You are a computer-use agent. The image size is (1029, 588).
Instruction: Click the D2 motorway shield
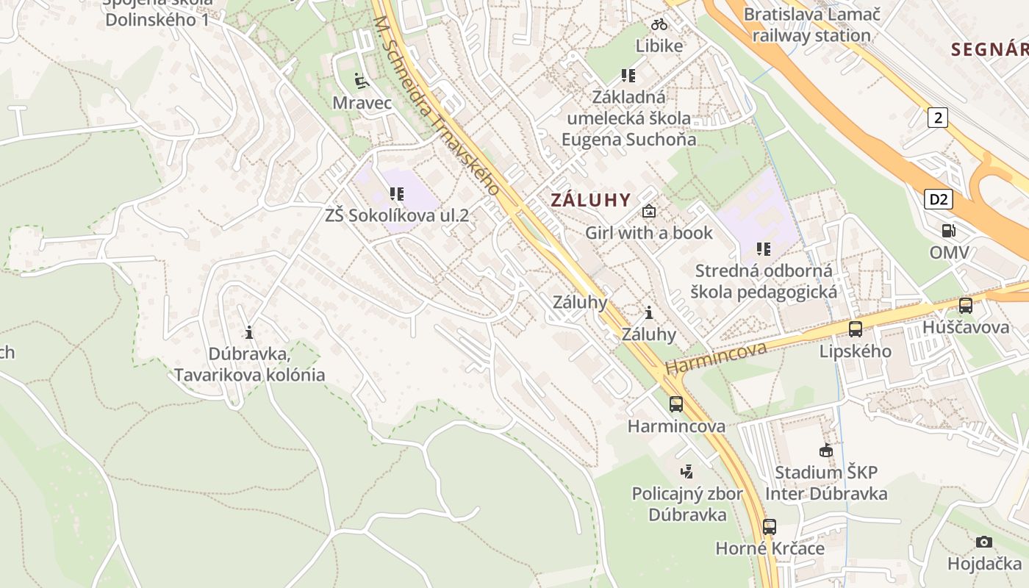point(938,199)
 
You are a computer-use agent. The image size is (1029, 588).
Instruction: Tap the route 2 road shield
point(937,117)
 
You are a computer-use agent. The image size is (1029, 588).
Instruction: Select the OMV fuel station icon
point(949,231)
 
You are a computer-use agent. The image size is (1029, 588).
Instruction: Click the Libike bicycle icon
point(659,24)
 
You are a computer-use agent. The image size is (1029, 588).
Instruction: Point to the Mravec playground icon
point(360,80)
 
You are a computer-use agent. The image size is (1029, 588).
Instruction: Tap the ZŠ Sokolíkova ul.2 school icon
point(397,194)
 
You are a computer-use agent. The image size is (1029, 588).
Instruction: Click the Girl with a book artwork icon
point(649,212)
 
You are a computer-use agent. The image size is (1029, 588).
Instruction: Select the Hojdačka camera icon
point(984,542)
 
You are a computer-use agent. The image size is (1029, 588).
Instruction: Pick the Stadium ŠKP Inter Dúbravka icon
point(826,451)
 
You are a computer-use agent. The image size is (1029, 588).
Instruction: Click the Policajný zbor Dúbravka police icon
point(687,471)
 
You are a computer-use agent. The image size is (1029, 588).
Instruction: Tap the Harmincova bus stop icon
point(675,404)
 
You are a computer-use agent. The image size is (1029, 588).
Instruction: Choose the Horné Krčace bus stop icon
point(770,527)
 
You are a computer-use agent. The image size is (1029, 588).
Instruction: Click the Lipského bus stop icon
point(856,329)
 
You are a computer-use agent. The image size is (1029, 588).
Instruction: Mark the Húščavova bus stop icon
point(966,306)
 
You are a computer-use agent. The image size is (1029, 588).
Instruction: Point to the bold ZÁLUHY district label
point(591,200)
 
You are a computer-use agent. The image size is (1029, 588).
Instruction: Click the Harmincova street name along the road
point(716,357)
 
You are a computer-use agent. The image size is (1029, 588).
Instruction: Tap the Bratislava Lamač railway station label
point(811,25)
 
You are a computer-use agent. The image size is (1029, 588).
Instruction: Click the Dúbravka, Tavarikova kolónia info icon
point(249,332)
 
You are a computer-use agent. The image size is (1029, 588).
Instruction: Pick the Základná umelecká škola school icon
point(628,75)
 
